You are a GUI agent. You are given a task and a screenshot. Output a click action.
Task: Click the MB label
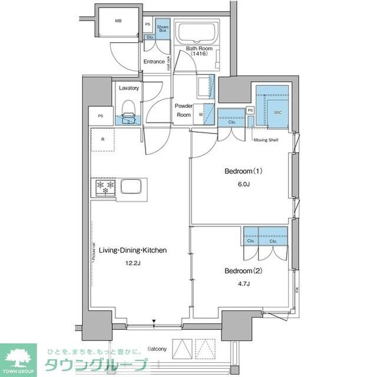(118, 21)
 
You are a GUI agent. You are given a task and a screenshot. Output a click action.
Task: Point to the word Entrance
(154, 61)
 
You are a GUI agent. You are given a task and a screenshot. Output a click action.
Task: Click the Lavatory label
(128, 88)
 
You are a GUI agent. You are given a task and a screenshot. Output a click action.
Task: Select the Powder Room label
(183, 110)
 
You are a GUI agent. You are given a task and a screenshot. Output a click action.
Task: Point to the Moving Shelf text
(265, 140)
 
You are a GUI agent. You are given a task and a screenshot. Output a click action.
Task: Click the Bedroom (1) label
(243, 172)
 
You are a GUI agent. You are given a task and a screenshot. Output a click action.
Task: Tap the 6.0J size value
(243, 184)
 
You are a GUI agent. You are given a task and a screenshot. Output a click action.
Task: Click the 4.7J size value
(243, 284)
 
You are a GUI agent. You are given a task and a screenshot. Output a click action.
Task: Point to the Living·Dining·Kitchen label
(133, 250)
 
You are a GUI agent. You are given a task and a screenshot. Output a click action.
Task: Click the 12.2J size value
(133, 264)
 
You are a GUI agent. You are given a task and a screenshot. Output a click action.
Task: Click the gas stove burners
(104, 188)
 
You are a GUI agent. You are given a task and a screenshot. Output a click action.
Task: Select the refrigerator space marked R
(103, 140)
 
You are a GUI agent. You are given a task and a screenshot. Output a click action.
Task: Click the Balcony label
(157, 348)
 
